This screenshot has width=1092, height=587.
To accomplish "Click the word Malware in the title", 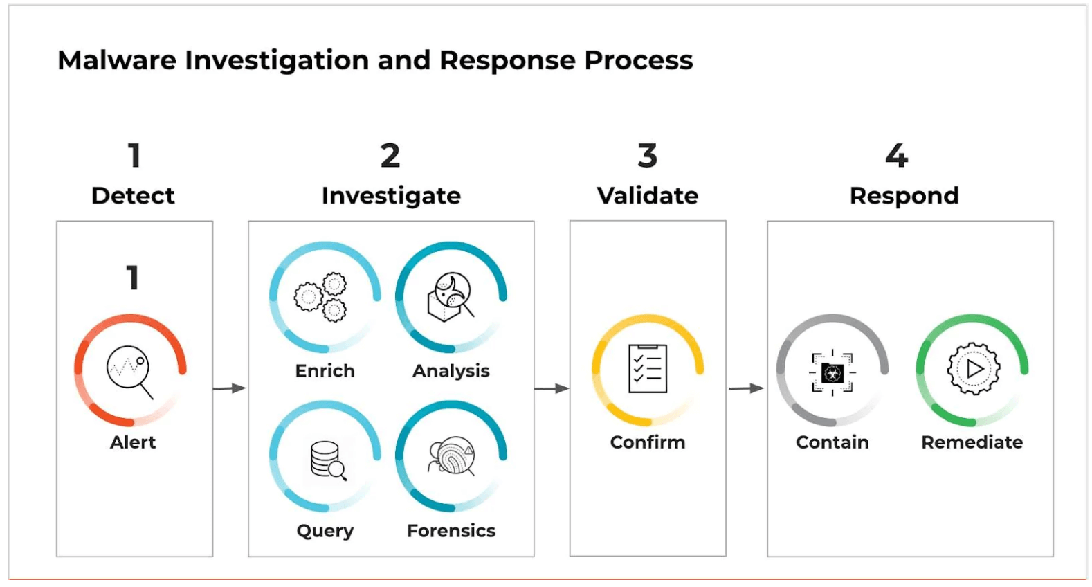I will [117, 60].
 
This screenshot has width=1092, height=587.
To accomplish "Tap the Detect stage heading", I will [133, 196].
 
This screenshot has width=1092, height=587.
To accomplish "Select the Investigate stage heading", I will [391, 197].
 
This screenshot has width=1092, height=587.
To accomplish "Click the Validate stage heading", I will [648, 196].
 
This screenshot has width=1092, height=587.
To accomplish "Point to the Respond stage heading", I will [904, 196].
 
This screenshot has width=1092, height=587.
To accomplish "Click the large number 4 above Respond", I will [897, 156].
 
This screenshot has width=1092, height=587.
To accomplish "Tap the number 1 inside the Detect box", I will [133, 278].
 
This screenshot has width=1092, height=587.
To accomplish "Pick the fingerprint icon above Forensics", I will [452, 456].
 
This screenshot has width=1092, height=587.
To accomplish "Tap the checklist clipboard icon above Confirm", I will [648, 368].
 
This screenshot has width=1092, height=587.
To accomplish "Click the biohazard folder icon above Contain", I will [832, 372].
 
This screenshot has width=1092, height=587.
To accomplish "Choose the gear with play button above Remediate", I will [973, 369].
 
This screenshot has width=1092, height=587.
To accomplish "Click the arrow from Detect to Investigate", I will [229, 388].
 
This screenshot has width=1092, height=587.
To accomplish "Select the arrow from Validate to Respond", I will [746, 388].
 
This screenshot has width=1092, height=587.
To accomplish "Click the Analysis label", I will [451, 371].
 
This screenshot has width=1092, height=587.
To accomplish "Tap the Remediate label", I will [972, 442].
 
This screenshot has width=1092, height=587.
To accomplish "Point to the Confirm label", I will [648, 442].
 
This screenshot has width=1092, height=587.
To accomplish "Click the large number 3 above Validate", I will [648, 156].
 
